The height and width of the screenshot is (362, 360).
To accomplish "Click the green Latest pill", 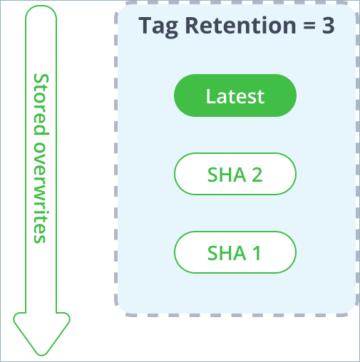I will [x=235, y=95].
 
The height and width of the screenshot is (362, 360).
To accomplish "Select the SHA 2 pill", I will [x=235, y=174].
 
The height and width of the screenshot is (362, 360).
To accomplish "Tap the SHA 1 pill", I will [x=235, y=252].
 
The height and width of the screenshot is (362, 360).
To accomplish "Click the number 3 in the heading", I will [x=327, y=26].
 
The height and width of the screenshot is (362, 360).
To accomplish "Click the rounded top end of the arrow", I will [x=41, y=14].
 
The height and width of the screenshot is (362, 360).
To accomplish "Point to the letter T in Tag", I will [x=146, y=26].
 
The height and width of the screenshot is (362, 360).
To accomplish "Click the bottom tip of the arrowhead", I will [x=41, y=353].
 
